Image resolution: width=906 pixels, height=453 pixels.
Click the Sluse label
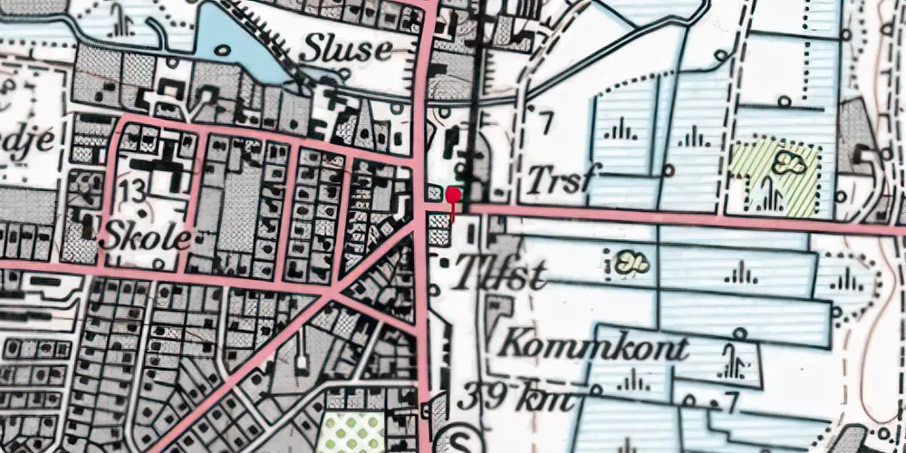coord(347,48)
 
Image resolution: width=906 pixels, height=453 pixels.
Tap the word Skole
coord(148,238)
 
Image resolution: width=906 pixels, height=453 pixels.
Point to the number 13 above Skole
coord(131,190)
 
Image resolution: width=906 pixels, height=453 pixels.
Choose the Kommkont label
coord(593,345)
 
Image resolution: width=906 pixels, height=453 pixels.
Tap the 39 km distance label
coord(516,398)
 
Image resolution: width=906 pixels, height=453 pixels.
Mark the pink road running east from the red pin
coord(679,218)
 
